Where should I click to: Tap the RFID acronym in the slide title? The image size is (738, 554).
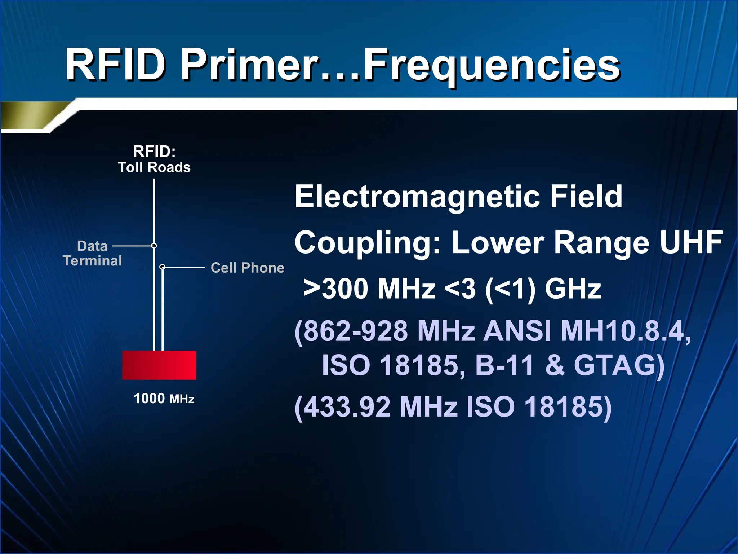point(115,66)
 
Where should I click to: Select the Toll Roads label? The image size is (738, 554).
point(154,167)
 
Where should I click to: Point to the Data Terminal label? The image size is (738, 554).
point(93,253)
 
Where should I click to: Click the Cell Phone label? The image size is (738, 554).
point(248,268)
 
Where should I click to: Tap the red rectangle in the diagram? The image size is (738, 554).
point(159,365)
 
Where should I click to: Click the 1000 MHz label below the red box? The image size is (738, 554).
point(164,399)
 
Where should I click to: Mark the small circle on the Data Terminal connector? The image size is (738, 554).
point(154,246)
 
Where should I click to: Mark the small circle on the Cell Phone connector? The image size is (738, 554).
point(163,267)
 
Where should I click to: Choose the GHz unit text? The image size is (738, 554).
point(573,289)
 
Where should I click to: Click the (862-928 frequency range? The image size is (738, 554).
point(352,331)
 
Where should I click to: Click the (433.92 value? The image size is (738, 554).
point(342,407)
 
